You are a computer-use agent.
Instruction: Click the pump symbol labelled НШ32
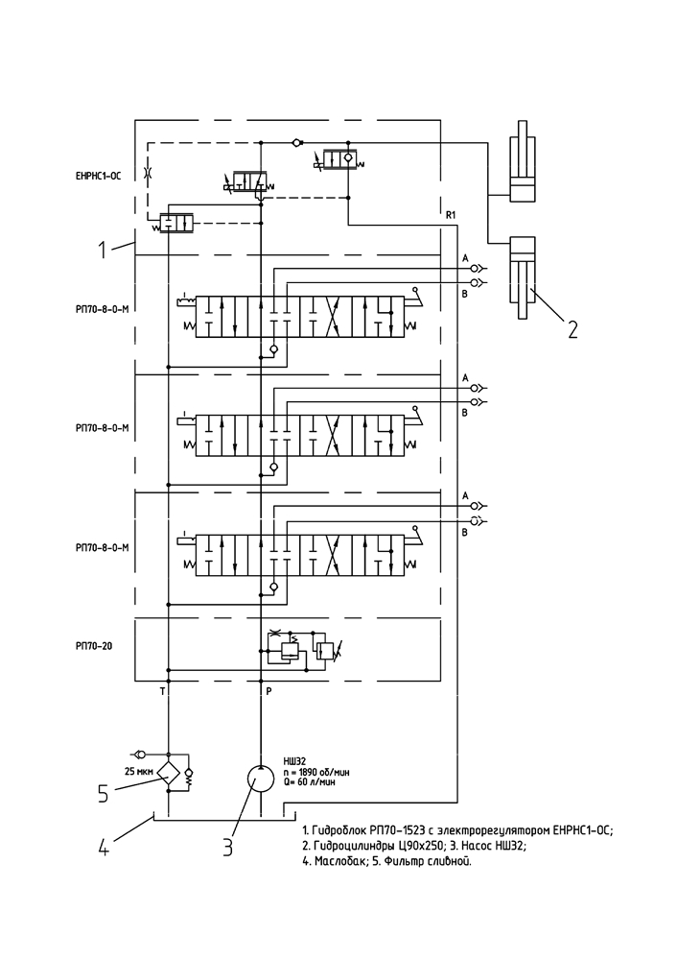pos(261,779)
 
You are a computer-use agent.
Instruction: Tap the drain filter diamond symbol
pos(168,773)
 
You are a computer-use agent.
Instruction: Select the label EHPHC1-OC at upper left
pos(98,176)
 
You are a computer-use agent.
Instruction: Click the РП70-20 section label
pos(93,646)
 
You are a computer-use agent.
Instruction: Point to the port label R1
pos(451,215)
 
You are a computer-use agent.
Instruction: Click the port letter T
pos(162,692)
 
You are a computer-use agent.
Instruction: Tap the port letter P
pos(268,692)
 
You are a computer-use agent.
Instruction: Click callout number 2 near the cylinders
pos(572,329)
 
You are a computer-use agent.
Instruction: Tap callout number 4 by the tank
pos(105,847)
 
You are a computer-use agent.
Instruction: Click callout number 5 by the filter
pos(105,793)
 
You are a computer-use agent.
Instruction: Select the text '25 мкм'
pos(138,771)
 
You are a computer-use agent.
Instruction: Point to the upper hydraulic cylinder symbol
pos(524,161)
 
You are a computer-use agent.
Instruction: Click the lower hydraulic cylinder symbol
pos(523,277)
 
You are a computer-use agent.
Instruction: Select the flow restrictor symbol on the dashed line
pos(147,173)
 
